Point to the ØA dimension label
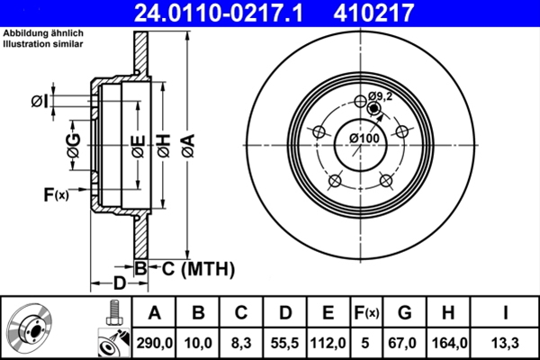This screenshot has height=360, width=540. pyautogui.click(x=187, y=144)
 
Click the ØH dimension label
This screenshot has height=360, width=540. pyautogui.click(x=163, y=144)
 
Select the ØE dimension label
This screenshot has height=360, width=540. pyautogui.click(x=137, y=144)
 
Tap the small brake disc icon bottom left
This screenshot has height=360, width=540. pyautogui.click(x=31, y=328)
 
